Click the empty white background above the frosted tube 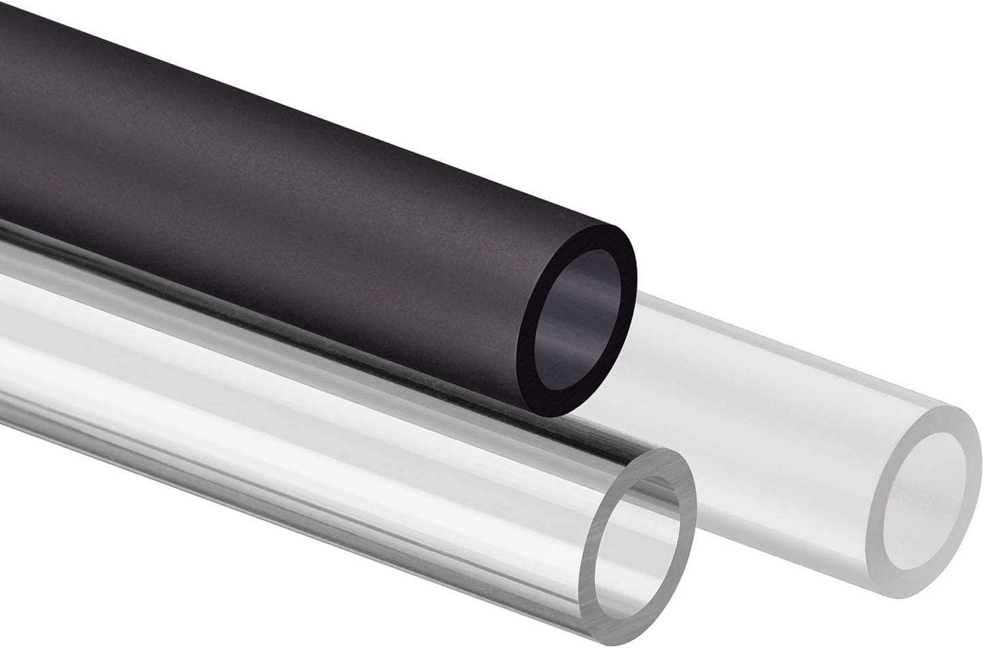coord(817,170)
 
